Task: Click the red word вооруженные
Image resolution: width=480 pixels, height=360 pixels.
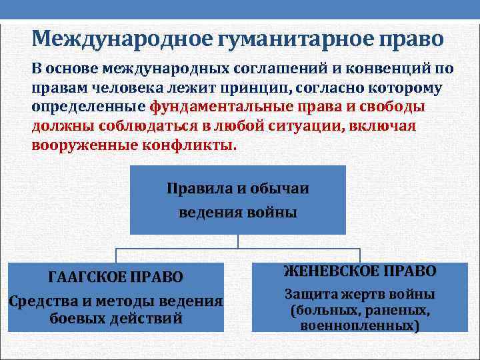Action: (x=78, y=146)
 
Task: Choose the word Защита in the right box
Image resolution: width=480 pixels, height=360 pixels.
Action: (x=311, y=294)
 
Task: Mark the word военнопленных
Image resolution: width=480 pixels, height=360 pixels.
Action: (x=359, y=326)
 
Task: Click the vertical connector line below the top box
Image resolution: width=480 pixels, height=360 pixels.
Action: (x=239, y=241)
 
